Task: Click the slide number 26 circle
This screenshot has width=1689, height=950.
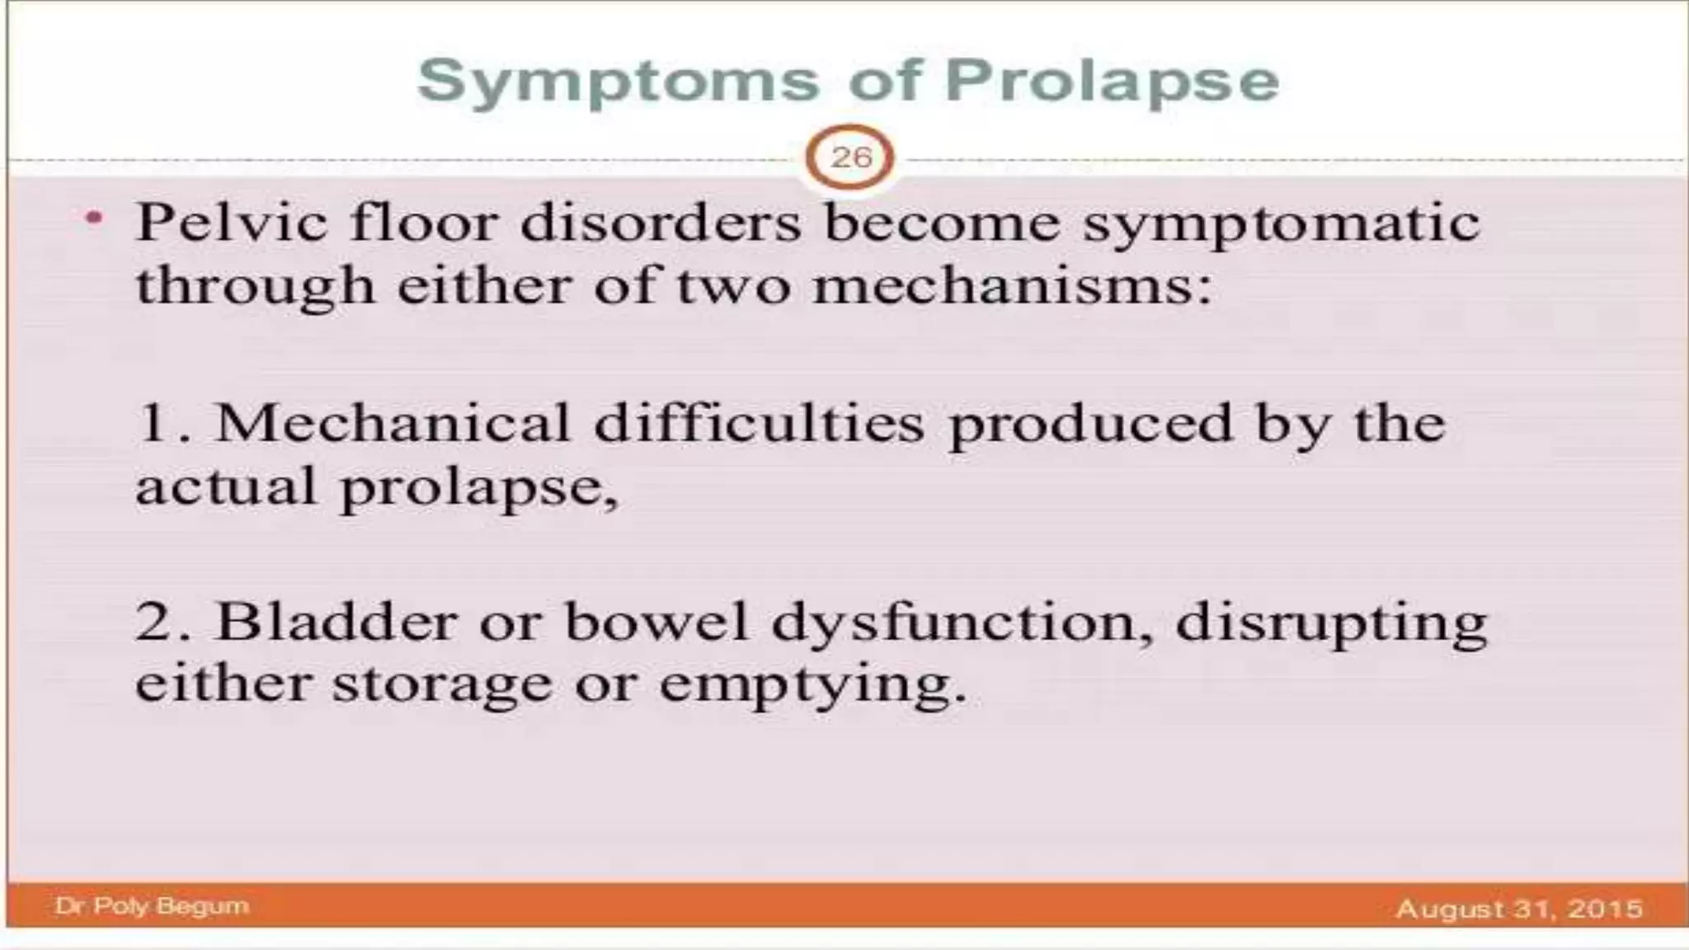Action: point(850,157)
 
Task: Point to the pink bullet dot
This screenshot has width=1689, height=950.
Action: point(96,219)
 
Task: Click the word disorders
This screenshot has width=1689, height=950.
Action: point(661,223)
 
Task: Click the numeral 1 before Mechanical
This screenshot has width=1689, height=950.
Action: point(155,423)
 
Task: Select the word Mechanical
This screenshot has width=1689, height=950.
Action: point(393,423)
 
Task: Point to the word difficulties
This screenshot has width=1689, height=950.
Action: point(760,423)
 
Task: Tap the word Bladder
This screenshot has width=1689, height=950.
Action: point(336,621)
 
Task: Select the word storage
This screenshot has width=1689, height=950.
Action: point(442,684)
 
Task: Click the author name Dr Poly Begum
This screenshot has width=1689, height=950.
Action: point(152,905)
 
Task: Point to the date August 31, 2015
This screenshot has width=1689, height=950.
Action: point(1519,908)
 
